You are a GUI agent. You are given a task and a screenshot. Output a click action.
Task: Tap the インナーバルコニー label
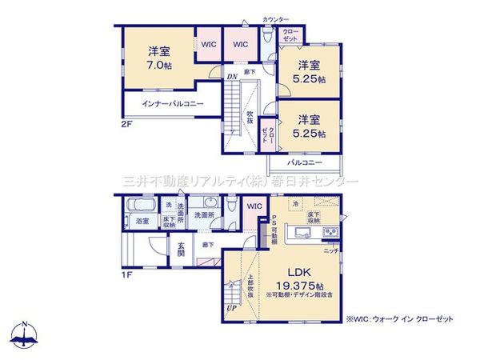[x=173, y=105]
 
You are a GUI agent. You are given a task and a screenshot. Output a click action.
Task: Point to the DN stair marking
[x=231, y=77]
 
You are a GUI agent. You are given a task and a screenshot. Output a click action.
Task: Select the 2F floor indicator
[x=127, y=126]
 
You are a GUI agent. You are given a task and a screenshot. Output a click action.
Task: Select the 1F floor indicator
[x=127, y=275]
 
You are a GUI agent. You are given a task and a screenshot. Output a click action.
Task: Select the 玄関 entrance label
[x=182, y=249]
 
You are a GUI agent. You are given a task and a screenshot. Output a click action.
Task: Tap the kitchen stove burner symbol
[x=330, y=233]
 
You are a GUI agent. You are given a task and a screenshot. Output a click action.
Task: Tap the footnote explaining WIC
[x=399, y=318]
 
